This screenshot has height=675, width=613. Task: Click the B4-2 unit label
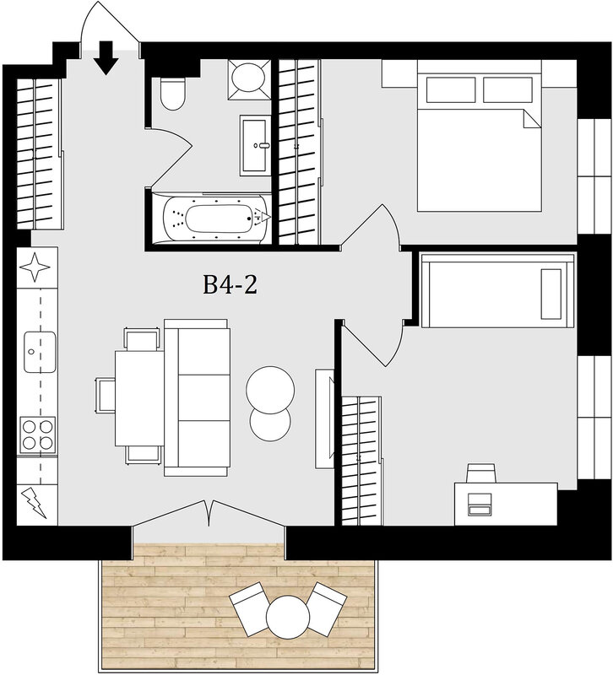[230, 285]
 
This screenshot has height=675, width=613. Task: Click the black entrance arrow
[106, 57]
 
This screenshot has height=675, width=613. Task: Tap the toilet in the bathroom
[173, 94]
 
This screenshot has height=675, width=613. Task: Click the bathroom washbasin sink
[255, 145]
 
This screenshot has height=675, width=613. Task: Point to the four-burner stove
[38, 435]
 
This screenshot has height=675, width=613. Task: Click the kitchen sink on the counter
[40, 352]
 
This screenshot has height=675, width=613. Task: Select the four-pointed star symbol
[35, 267]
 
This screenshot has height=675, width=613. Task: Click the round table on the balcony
[288, 618]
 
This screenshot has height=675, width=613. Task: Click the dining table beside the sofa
[139, 398]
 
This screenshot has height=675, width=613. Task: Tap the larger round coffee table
[270, 390]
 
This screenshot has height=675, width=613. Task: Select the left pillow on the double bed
[451, 89]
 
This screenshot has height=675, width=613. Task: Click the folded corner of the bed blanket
[532, 119]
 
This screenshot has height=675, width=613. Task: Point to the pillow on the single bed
[551, 294]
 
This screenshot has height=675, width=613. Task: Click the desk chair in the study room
[481, 473]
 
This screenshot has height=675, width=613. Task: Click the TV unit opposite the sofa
[324, 418]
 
